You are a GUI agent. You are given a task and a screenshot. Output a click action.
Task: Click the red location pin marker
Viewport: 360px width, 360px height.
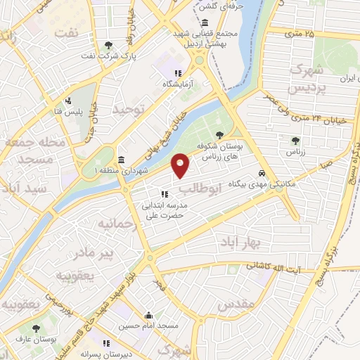click(x=181, y=165)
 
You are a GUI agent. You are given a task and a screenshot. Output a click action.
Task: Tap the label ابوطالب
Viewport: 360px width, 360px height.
click(x=200, y=188)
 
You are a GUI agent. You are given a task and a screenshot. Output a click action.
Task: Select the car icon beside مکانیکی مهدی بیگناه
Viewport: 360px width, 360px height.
click(x=262, y=173)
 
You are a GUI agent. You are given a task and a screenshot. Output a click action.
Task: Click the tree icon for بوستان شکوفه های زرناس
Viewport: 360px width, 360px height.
click(x=221, y=134)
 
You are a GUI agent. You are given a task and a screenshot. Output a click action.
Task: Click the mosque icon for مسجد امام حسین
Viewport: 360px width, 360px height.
click(x=147, y=316)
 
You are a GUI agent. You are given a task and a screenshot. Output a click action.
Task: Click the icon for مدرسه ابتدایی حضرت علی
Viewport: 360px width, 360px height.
click(x=165, y=193)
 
